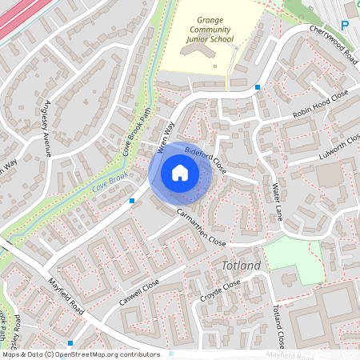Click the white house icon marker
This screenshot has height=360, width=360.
(180, 172)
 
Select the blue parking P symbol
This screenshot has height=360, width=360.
(345, 26)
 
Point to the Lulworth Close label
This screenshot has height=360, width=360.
(340, 148)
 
